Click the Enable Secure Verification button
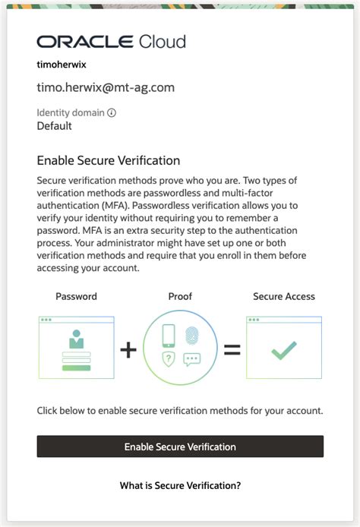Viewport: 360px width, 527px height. coord(180,447)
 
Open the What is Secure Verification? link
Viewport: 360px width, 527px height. coord(180,484)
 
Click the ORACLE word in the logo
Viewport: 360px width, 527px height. coord(84,42)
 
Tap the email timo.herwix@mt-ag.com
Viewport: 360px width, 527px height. coord(106,87)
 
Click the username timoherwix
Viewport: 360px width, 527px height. coord(62,65)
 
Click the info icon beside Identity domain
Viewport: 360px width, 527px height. coord(112,113)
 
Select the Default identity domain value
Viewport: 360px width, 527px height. coord(55,126)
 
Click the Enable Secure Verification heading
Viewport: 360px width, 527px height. coord(109,161)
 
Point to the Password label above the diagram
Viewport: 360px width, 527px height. coord(76,296)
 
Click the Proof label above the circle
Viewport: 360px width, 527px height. coord(180,296)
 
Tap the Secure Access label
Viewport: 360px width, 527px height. coord(283,296)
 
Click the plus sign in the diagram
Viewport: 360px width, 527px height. coord(130,349)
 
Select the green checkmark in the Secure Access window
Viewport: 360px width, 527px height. coord(284,350)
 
